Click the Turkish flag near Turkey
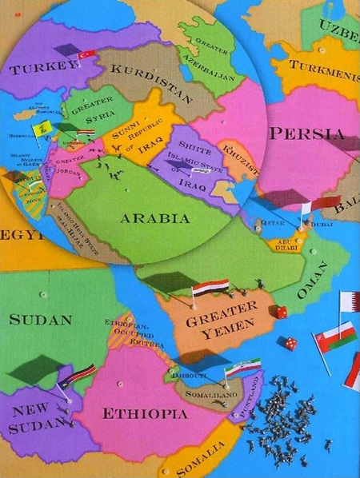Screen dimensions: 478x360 pos(86,54)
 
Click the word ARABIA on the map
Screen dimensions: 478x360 pos(154,217)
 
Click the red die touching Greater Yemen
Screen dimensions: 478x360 pos(278,312)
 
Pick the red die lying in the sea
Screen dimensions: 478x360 pos(287,343)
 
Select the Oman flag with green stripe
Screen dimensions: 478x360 pos(335,335)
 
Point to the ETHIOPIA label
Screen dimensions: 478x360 pos(144,412)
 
